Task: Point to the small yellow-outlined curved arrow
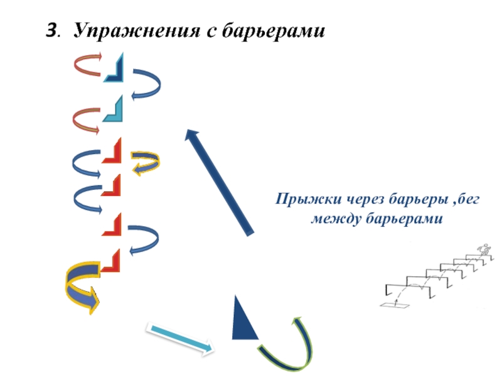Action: click(144, 162)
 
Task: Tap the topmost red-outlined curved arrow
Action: click(88, 65)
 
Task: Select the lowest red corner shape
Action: click(111, 262)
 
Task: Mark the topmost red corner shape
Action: click(112, 152)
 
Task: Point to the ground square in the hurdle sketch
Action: click(393, 306)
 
